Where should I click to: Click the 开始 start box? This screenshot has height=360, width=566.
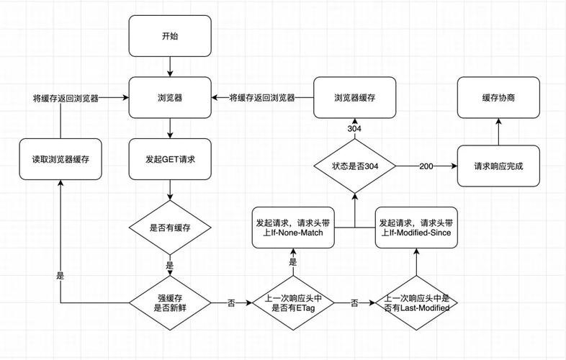click(170, 36)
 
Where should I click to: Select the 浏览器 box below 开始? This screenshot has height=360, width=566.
click(170, 97)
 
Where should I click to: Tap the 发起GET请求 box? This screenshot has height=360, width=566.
click(170, 158)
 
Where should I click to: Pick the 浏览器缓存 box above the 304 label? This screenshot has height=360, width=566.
click(355, 97)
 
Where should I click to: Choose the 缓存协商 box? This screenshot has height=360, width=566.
click(498, 97)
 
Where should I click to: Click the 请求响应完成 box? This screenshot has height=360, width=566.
click(498, 166)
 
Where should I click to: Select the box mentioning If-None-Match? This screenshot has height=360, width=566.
click(292, 228)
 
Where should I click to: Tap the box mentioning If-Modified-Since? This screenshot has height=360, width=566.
click(415, 228)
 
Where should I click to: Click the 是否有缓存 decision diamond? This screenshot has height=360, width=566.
click(170, 228)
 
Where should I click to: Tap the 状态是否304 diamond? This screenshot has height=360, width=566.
click(355, 166)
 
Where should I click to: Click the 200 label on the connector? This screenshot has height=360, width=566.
click(426, 166)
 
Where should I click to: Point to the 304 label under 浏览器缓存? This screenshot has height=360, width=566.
click(355, 128)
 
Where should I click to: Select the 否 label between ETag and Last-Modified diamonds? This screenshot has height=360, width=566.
click(354, 303)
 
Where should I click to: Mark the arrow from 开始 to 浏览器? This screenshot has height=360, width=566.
click(170, 67)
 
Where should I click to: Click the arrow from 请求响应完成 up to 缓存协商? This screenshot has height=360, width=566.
click(498, 132)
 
